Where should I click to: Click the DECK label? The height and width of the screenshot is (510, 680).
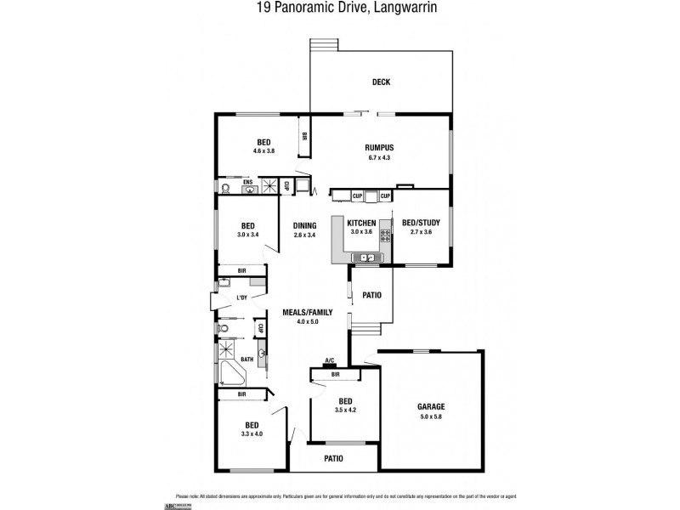(381, 82)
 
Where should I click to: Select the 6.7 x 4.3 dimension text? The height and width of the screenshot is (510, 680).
(380, 157)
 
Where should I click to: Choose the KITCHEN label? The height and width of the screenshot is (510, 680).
(361, 222)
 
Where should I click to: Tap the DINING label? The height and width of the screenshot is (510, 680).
(304, 225)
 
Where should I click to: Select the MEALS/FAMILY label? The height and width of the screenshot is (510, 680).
(307, 312)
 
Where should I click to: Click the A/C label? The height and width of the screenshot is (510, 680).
(330, 360)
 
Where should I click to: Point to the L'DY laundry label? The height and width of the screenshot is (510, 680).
(242, 297)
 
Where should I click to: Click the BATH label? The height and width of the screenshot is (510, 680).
(246, 360)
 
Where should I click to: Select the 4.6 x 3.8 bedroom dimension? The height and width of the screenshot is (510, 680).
(263, 151)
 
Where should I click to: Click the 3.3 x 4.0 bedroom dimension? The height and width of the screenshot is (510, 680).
(252, 433)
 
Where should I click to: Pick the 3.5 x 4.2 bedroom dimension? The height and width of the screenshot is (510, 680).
(345, 411)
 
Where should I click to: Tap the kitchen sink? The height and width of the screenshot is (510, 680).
(367, 257)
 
